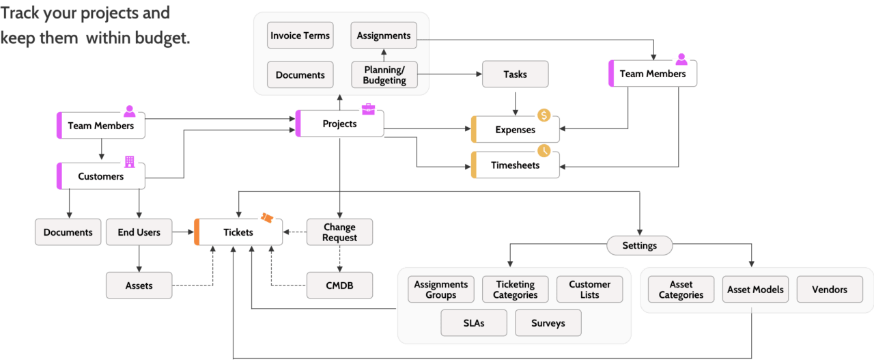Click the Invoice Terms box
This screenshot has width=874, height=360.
point(300,36)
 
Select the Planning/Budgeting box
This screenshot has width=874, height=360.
point(384,75)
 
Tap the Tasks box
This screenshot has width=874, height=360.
point(515,74)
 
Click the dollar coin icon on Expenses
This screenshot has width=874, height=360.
point(544,115)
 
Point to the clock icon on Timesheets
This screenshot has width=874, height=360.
point(544,150)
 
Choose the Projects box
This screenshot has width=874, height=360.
point(339,124)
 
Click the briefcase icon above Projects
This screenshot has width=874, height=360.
point(368,109)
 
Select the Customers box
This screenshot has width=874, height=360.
point(100,176)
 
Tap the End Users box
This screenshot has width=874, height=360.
point(139,232)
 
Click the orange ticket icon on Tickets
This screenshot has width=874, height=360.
point(266,218)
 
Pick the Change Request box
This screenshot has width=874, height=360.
point(339,232)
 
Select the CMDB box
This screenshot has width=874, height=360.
point(339,285)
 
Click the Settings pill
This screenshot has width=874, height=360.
point(639,245)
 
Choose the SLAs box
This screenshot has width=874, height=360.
point(474,323)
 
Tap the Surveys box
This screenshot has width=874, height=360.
point(548,323)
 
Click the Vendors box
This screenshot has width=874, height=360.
point(829,290)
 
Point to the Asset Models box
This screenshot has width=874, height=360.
point(755,290)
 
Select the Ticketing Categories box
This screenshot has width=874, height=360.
point(515,290)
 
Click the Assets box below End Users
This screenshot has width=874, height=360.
point(139,285)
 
